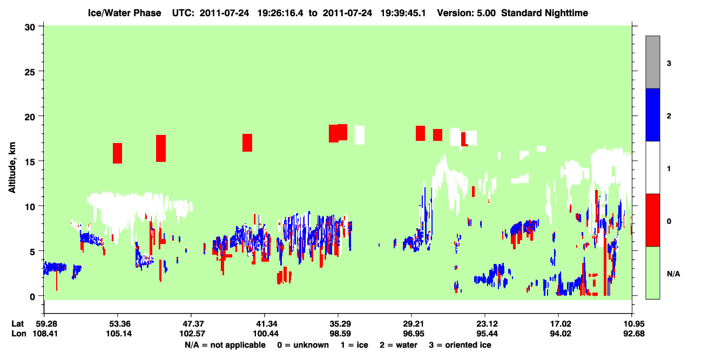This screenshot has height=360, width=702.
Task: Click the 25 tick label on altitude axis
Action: (30, 72)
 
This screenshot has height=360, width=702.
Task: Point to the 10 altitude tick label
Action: (30, 207)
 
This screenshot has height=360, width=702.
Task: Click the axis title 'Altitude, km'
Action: (12, 167)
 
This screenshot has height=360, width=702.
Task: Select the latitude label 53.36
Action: (118, 324)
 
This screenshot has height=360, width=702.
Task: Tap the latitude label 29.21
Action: (411, 324)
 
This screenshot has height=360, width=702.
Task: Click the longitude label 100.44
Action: (266, 334)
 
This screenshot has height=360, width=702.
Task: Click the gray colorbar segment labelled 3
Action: (652, 62)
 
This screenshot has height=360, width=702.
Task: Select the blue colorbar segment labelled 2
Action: (652, 114)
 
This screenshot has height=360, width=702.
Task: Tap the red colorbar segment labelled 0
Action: (652, 220)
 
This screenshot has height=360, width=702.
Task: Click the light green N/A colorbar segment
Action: (652, 273)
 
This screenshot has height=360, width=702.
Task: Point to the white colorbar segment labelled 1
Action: (652, 167)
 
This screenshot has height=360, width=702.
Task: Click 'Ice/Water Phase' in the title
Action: (124, 13)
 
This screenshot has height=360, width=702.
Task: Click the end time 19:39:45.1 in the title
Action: (403, 13)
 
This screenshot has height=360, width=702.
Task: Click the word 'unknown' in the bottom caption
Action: (311, 345)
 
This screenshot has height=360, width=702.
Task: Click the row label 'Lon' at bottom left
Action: (19, 334)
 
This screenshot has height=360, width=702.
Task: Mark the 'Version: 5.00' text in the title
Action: (467, 13)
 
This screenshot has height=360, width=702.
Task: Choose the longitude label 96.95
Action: (411, 334)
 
